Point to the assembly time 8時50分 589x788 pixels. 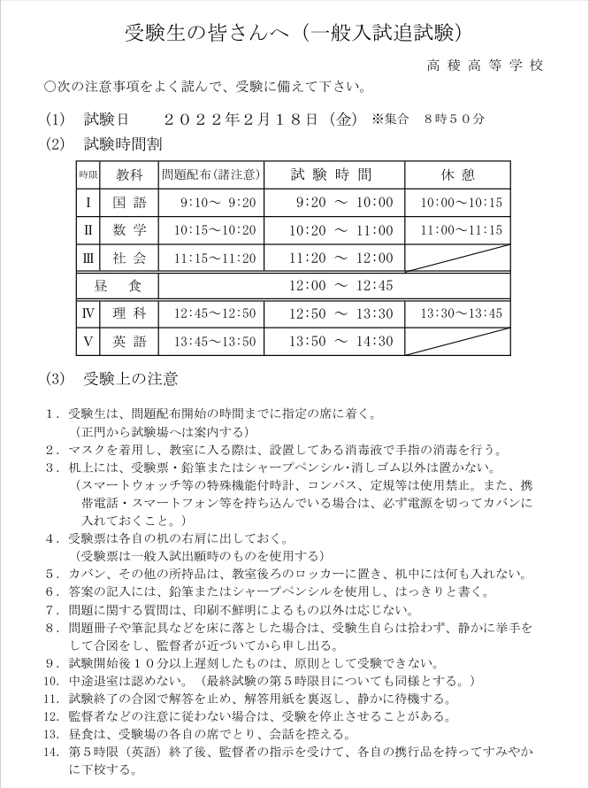455,118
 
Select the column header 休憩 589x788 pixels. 458,174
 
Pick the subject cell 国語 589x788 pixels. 129,203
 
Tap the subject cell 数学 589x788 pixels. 129,230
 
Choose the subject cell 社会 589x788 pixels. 129,259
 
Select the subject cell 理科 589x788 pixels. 129,313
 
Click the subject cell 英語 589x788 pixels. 129,342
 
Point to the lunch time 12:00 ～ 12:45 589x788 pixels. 329,286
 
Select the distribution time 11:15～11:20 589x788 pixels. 215,259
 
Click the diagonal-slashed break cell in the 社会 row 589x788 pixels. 457,259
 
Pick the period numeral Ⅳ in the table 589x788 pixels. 88,313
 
